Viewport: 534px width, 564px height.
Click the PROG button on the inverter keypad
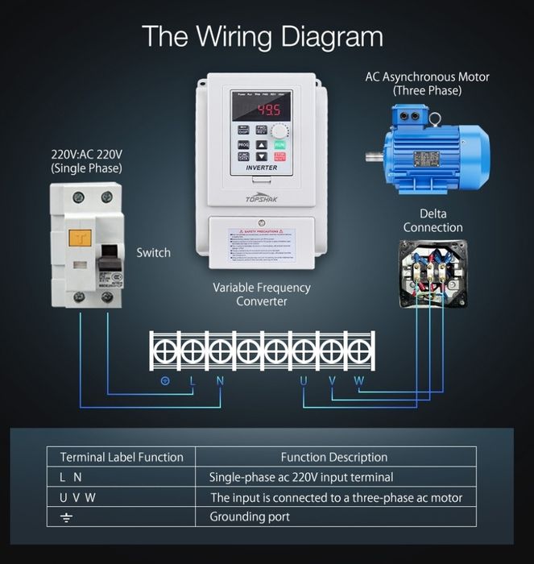point(243,145)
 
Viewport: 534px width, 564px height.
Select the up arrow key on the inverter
point(261,145)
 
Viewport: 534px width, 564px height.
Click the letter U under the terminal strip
point(304,380)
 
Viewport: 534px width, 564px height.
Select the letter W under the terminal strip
point(359,380)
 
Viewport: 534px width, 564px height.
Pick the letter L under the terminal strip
point(192,380)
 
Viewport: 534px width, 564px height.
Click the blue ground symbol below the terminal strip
point(165,380)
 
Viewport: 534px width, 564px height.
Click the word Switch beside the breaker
point(153,253)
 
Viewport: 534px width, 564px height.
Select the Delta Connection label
point(433,221)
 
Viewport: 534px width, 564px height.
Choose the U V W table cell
point(78,497)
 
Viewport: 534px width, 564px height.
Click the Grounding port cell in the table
point(250,516)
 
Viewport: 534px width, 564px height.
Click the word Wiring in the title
point(244,36)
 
